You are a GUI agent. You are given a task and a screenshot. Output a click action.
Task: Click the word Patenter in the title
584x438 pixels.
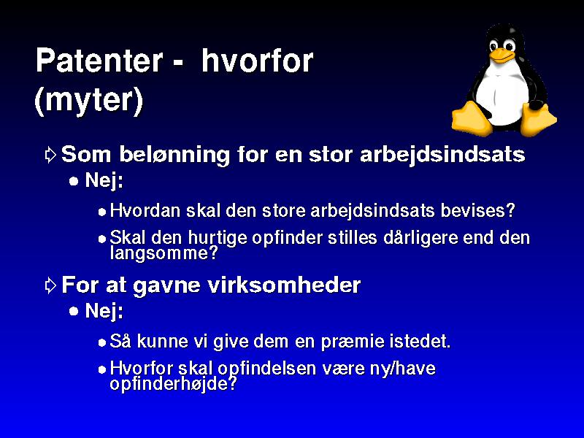(x=99, y=61)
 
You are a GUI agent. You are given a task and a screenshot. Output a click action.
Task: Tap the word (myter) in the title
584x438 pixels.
(x=88, y=100)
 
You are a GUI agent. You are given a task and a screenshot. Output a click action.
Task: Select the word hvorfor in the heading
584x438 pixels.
(x=258, y=61)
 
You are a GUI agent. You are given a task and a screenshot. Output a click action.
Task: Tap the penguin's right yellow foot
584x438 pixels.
(x=537, y=119)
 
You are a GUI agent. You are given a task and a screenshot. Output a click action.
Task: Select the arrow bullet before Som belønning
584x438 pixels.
(x=50, y=155)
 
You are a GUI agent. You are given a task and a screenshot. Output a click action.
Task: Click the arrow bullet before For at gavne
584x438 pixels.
(x=50, y=285)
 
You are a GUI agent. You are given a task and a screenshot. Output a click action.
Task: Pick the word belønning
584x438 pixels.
(x=174, y=155)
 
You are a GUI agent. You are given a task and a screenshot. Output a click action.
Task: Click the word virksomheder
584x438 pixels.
(x=284, y=285)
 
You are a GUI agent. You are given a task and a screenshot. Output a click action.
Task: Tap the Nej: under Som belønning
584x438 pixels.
(x=104, y=181)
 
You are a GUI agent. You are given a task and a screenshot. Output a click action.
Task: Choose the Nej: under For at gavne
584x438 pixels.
(x=104, y=312)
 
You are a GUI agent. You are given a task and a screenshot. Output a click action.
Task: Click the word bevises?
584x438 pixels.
(x=478, y=210)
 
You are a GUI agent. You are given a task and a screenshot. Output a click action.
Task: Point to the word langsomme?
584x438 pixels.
(x=164, y=253)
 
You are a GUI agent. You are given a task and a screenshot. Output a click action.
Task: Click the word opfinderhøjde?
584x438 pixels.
(x=173, y=384)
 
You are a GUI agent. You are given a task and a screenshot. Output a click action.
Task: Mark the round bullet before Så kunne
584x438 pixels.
(x=102, y=342)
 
